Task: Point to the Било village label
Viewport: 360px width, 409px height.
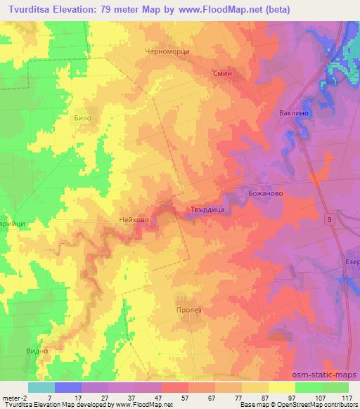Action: pyautogui.click(x=83, y=119)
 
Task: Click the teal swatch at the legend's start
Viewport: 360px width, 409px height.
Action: pyautogui.click(x=41, y=387)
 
